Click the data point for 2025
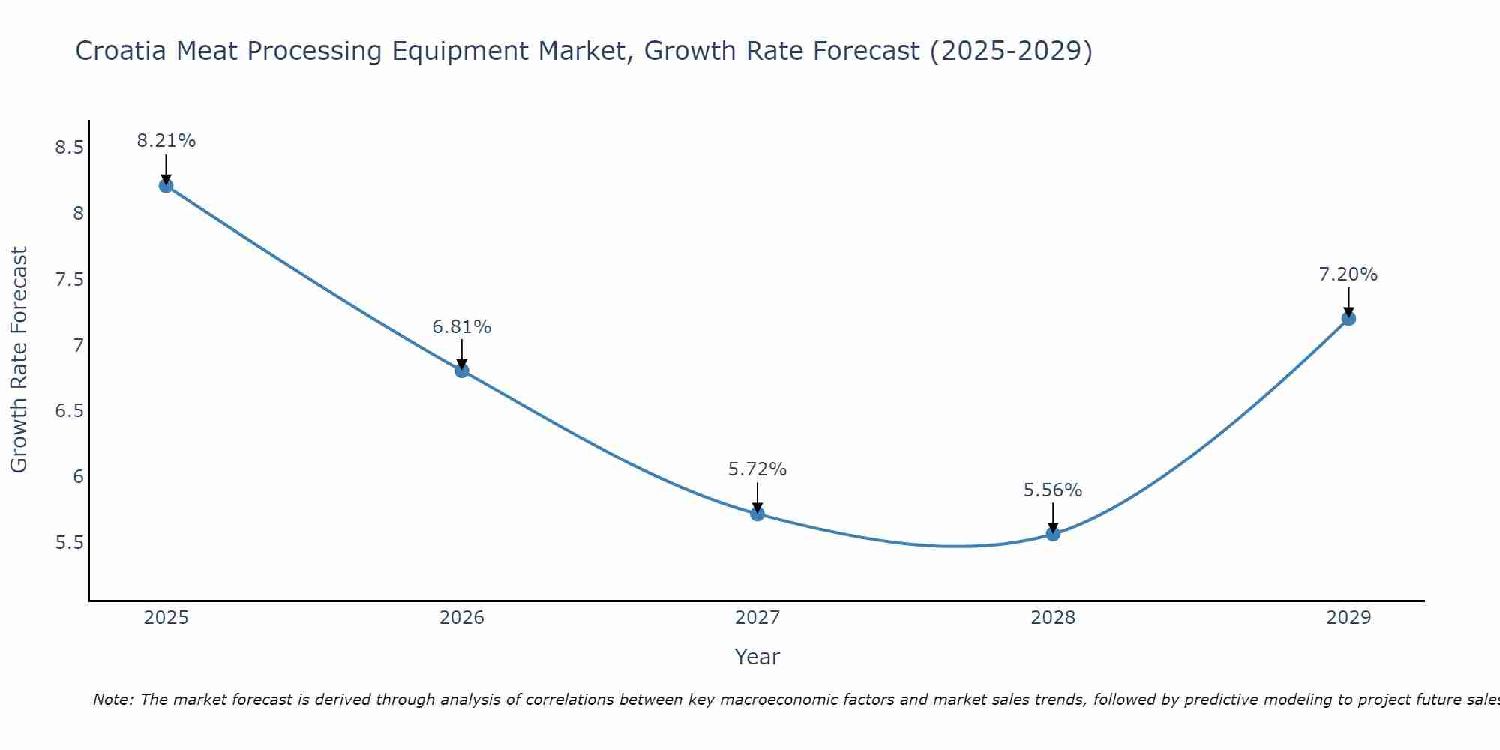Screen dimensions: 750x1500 pos(166,186)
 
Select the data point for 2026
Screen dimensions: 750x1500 pos(462,370)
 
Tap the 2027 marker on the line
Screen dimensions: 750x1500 pos(757,514)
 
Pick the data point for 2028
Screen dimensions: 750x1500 pos(1053,534)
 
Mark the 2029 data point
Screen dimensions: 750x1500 pos(1348,319)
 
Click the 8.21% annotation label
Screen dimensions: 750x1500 pos(166,141)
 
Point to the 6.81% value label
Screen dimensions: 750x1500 pos(462,327)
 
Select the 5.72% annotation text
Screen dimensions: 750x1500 pos(757,469)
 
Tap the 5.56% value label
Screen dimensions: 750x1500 pos(1053,490)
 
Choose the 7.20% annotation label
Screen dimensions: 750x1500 pos(1348,274)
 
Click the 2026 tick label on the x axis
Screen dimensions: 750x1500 pos(462,618)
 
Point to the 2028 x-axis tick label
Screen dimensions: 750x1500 pos(1053,618)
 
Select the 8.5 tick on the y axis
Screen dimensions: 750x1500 pos(69,148)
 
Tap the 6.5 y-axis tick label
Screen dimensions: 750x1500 pos(69,411)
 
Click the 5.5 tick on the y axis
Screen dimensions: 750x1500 pos(69,543)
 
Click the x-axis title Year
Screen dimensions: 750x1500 pos(757,657)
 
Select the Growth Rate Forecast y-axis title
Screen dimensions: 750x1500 pos(19,360)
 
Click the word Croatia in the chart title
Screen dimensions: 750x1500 pos(120,51)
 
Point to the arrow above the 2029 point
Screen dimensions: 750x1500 pos(1348,301)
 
